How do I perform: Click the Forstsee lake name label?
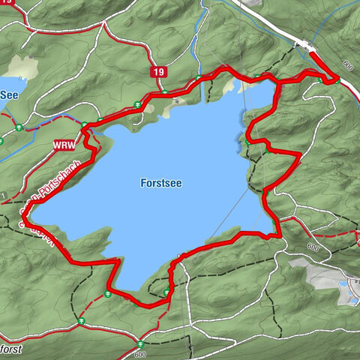pos(161,181)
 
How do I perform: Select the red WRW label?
pos(63,143)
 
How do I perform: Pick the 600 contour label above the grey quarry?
pos(312,247)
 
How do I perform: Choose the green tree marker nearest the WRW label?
pos(85,126)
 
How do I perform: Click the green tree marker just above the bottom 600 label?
pos(139,343)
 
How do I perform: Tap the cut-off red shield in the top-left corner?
pos(6,3)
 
